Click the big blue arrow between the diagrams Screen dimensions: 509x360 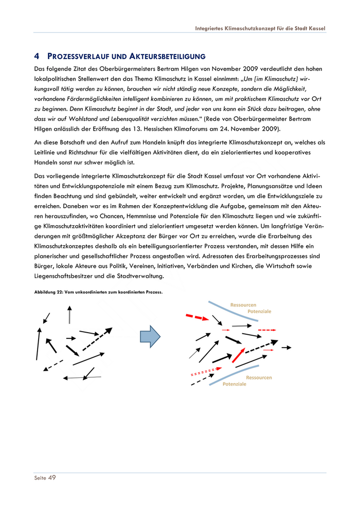[x=150, y=337]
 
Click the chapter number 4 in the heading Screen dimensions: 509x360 [x=37, y=56]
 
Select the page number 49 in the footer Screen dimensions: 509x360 [x=51, y=478]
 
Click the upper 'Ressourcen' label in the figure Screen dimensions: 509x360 [x=243, y=305]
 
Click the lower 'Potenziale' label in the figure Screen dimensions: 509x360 [x=235, y=384]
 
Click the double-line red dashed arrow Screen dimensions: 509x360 [x=206, y=371]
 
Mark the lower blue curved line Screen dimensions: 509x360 [x=242, y=371]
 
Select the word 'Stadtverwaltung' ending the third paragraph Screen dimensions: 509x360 [x=140, y=276]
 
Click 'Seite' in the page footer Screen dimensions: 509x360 [x=40, y=478]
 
